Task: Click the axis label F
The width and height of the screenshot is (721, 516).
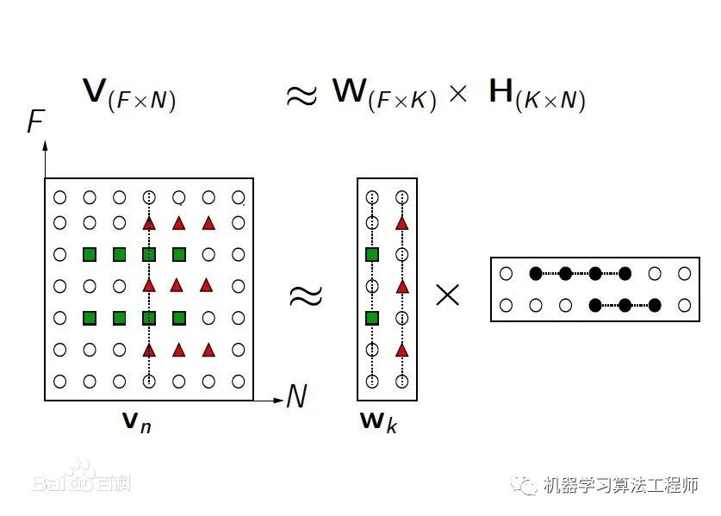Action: (35, 121)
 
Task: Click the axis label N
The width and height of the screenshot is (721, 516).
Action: (296, 396)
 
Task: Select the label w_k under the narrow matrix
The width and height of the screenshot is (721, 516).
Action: (379, 422)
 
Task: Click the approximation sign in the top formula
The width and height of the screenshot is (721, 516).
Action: (301, 95)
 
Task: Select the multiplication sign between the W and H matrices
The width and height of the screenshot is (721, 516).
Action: (448, 295)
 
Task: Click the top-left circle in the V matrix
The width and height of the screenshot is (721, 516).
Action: (59, 196)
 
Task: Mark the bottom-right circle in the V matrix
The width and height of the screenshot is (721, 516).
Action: (238, 380)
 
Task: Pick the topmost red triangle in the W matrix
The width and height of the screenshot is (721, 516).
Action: (401, 223)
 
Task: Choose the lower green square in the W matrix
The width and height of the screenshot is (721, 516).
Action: (372, 318)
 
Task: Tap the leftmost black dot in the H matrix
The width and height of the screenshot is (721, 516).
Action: (535, 274)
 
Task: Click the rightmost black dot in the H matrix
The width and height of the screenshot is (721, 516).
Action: (655, 304)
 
